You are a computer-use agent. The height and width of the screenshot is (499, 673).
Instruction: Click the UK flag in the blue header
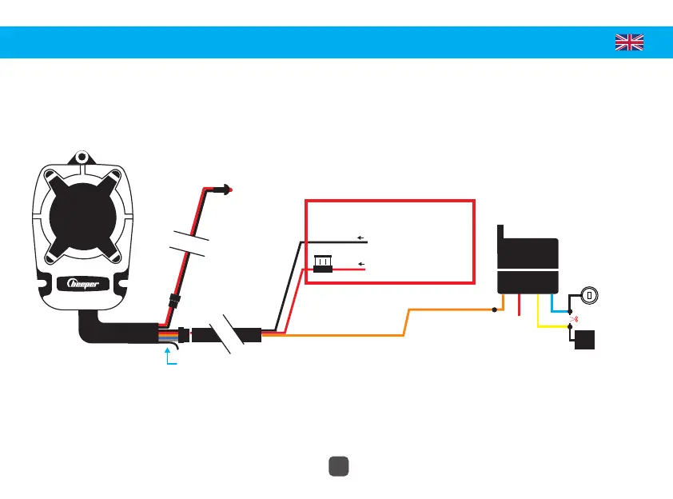pos(629,42)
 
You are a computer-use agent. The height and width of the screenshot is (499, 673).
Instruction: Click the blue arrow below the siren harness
pos(168,357)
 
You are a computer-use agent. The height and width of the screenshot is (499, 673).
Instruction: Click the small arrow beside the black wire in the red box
pos(361,238)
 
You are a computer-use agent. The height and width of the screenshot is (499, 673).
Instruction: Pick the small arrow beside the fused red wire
pos(361,262)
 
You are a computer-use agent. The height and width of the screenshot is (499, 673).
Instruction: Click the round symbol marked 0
pos(589,295)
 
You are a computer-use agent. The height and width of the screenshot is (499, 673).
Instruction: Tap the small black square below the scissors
pos(584,339)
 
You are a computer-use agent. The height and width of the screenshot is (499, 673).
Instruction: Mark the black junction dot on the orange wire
pos(495,309)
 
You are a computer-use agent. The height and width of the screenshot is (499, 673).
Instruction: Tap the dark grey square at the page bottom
pos(336,466)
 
